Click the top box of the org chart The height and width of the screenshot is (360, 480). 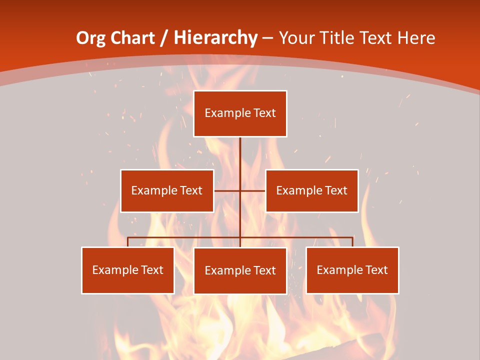pos(240,113)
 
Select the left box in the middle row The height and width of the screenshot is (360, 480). pos(167,190)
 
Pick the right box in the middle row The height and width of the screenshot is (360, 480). pos(311,190)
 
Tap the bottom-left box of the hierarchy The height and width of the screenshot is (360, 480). pos(127,270)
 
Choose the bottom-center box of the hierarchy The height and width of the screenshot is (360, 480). pos(240,270)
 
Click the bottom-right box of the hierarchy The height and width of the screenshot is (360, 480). pos(352,270)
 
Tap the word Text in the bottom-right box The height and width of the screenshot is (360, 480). pos(376,270)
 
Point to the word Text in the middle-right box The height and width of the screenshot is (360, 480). pos(336,190)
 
